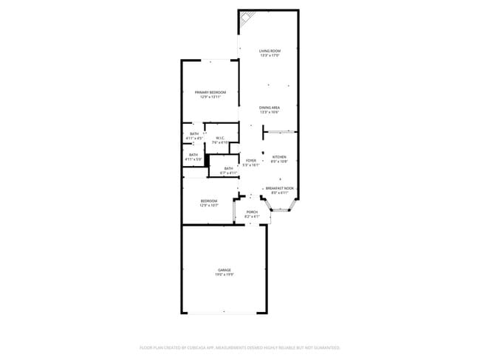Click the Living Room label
point(269,51)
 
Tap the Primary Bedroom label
point(210,92)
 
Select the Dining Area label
point(269,108)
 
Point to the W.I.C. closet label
point(220,138)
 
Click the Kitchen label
point(279,156)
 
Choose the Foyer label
point(251,160)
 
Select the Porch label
point(252,212)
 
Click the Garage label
point(224,271)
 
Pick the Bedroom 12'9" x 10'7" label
point(209,201)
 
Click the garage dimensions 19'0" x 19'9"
point(224,275)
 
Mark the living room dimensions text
point(269,55)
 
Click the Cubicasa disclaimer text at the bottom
point(240,347)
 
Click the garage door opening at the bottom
point(224,314)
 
